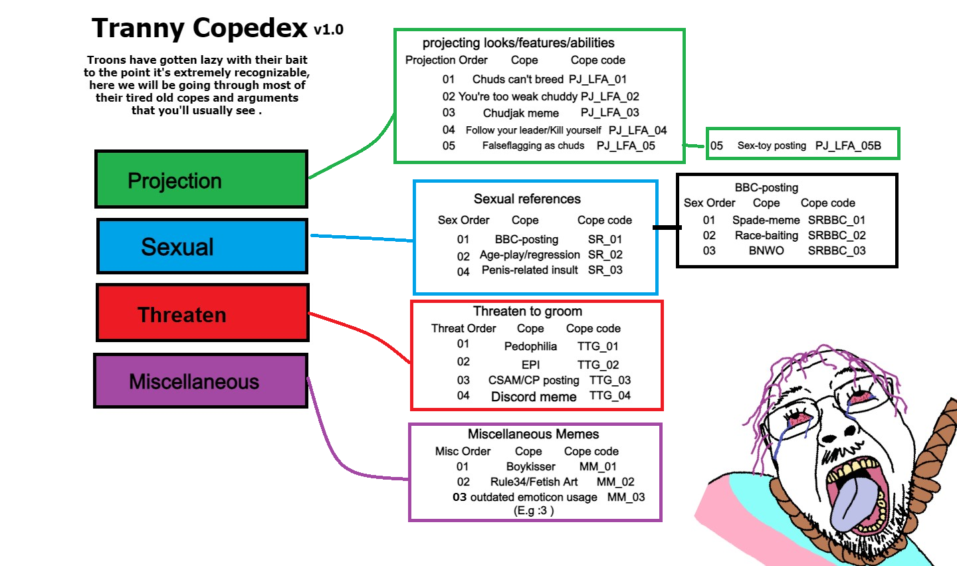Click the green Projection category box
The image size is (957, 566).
click(x=201, y=179)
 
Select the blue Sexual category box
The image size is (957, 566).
click(x=202, y=246)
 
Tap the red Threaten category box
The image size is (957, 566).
click(x=202, y=313)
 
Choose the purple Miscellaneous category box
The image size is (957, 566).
click(x=201, y=381)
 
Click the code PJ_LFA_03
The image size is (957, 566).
click(x=609, y=113)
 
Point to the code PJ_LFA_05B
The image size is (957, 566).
click(x=848, y=145)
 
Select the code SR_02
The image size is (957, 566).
click(x=605, y=254)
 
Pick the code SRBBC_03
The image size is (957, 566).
click(x=836, y=250)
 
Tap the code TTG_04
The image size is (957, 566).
click(x=609, y=396)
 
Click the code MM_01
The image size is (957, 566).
click(x=597, y=466)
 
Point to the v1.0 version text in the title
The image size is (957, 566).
click(x=328, y=30)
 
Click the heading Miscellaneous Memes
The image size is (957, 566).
click(x=533, y=434)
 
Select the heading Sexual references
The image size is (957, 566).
click(x=527, y=199)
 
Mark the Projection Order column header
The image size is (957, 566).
click(x=446, y=60)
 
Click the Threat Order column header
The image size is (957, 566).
click(x=463, y=328)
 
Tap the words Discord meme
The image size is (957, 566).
click(x=533, y=397)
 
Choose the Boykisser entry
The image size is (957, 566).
click(x=530, y=466)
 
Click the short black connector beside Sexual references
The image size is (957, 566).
click(x=667, y=228)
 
